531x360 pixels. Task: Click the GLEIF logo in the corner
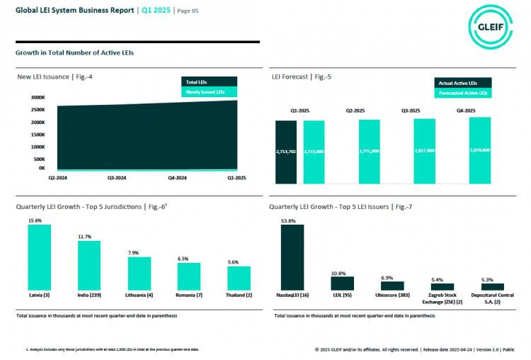487,28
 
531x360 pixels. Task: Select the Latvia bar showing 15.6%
40,257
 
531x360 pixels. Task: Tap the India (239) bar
89,265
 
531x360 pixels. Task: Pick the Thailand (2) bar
239,277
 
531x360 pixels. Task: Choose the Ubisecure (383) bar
392,285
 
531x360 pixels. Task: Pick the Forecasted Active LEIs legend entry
462,93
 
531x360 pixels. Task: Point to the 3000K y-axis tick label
38,98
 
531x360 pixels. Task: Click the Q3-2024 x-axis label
117,177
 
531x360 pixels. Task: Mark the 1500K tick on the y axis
38,134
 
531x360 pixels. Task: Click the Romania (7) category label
189,294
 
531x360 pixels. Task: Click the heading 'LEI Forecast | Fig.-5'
302,76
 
